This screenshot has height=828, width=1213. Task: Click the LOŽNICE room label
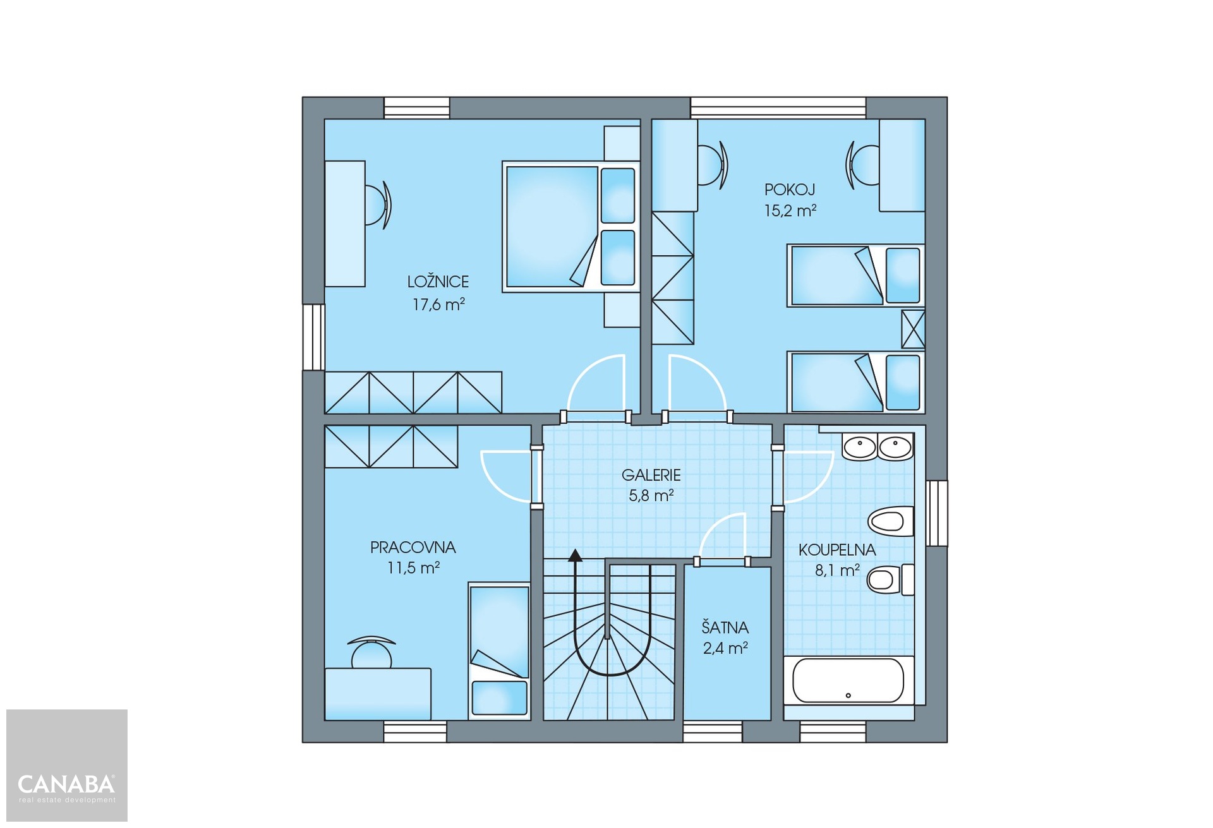pos(438,282)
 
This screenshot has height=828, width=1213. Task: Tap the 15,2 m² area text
pos(790,210)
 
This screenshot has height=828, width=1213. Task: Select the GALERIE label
pos(651,475)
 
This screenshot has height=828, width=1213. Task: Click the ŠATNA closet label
pos(725,627)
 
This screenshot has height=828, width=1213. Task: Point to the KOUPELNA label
pos(837,549)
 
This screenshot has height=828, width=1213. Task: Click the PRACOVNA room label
pos(413,547)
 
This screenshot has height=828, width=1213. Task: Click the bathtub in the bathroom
pos(848,681)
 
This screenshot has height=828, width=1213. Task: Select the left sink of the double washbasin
pos(859,447)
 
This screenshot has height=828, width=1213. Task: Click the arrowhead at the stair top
pos(575,555)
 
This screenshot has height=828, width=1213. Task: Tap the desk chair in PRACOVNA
pos(371,651)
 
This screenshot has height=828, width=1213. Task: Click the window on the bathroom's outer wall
pos(936,513)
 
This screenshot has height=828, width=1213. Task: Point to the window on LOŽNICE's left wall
pos(313,337)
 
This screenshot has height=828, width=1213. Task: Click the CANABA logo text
pos(66,784)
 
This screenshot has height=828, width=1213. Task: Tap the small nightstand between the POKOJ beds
pos(913,329)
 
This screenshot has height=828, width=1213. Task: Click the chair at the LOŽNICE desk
pos(378,205)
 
